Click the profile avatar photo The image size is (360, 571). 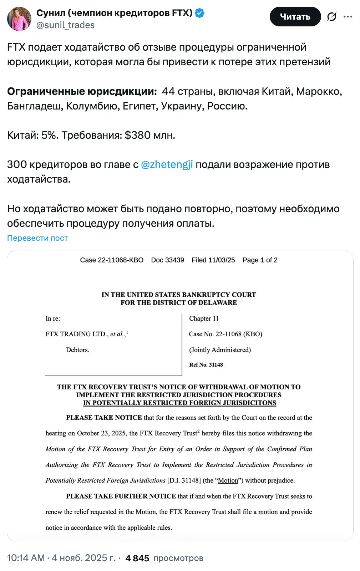pyautogui.click(x=19, y=19)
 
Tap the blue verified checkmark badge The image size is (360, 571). pyautogui.click(x=200, y=14)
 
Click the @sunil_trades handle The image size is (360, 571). pyautogui.click(x=65, y=25)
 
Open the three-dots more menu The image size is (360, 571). pyautogui.click(x=348, y=17)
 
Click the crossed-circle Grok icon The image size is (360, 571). pyautogui.click(x=331, y=17)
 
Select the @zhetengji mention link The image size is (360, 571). pyautogui.click(x=167, y=164)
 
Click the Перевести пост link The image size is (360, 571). pyautogui.click(x=37, y=238)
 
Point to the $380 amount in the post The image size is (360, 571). pyautogui.click(x=137, y=135)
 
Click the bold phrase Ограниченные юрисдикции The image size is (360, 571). pyautogui.click(x=82, y=91)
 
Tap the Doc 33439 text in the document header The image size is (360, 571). pyautogui.click(x=167, y=260)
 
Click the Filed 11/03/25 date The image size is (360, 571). pyautogui.click(x=213, y=260)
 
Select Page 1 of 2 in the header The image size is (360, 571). pyautogui.click(x=260, y=260)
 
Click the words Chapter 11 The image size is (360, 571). pyautogui.click(x=204, y=318)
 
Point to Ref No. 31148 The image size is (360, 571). pyautogui.click(x=206, y=364)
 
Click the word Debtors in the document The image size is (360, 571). pyautogui.click(x=77, y=350)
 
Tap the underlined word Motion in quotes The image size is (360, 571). pyautogui.click(x=228, y=480)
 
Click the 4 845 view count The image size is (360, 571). pyautogui.click(x=137, y=558)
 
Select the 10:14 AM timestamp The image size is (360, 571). pyautogui.click(x=26, y=558)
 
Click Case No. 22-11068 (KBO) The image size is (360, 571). pyautogui.click(x=225, y=334)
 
